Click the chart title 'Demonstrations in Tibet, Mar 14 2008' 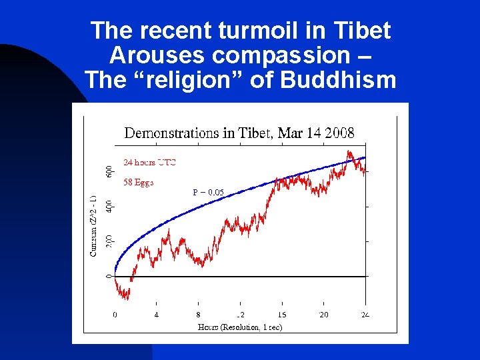coord(239,133)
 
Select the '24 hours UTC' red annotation coord(149,162)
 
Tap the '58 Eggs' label coord(139,181)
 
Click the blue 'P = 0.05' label coord(208,193)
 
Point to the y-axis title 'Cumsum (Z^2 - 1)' coord(93,225)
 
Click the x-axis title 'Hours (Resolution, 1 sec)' coord(239,327)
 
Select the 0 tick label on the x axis coord(115,315)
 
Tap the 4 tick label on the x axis coord(156,315)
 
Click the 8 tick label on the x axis coord(198,315)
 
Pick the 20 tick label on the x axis coord(323,315)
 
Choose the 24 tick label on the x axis coord(365,315)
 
